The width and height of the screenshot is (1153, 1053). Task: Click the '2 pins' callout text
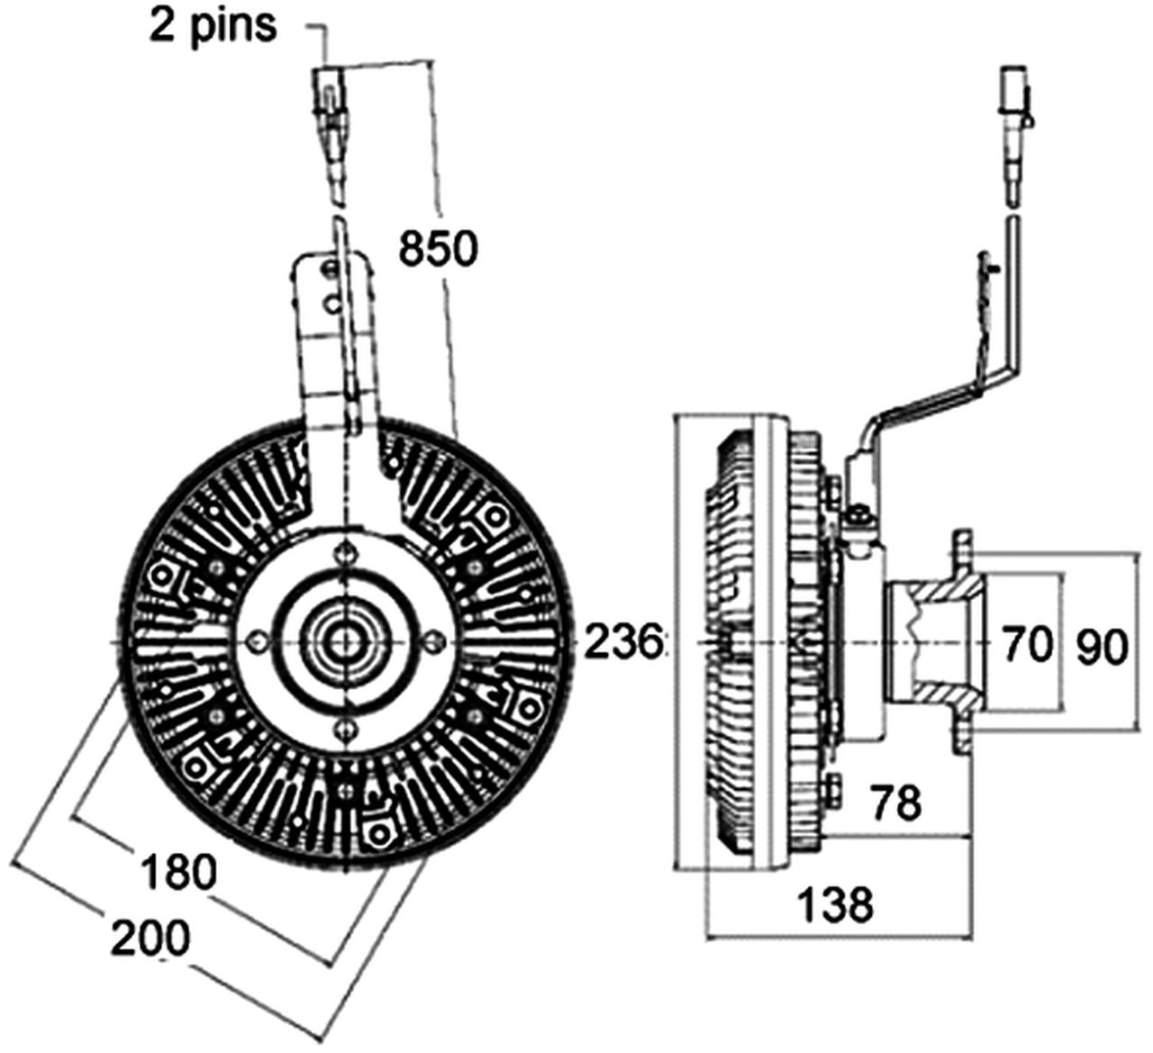click(x=213, y=26)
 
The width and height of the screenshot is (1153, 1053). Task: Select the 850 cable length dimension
click(x=437, y=249)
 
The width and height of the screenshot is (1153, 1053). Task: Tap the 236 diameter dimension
click(x=623, y=643)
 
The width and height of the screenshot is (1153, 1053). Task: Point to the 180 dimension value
click(x=179, y=872)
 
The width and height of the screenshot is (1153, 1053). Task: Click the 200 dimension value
click(x=150, y=939)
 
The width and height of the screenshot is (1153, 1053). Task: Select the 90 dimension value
click(x=1102, y=647)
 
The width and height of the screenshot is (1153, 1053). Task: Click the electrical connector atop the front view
click(x=329, y=90)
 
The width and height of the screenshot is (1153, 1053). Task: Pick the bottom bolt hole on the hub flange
click(x=342, y=727)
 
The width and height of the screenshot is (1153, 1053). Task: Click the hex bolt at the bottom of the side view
click(x=831, y=789)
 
